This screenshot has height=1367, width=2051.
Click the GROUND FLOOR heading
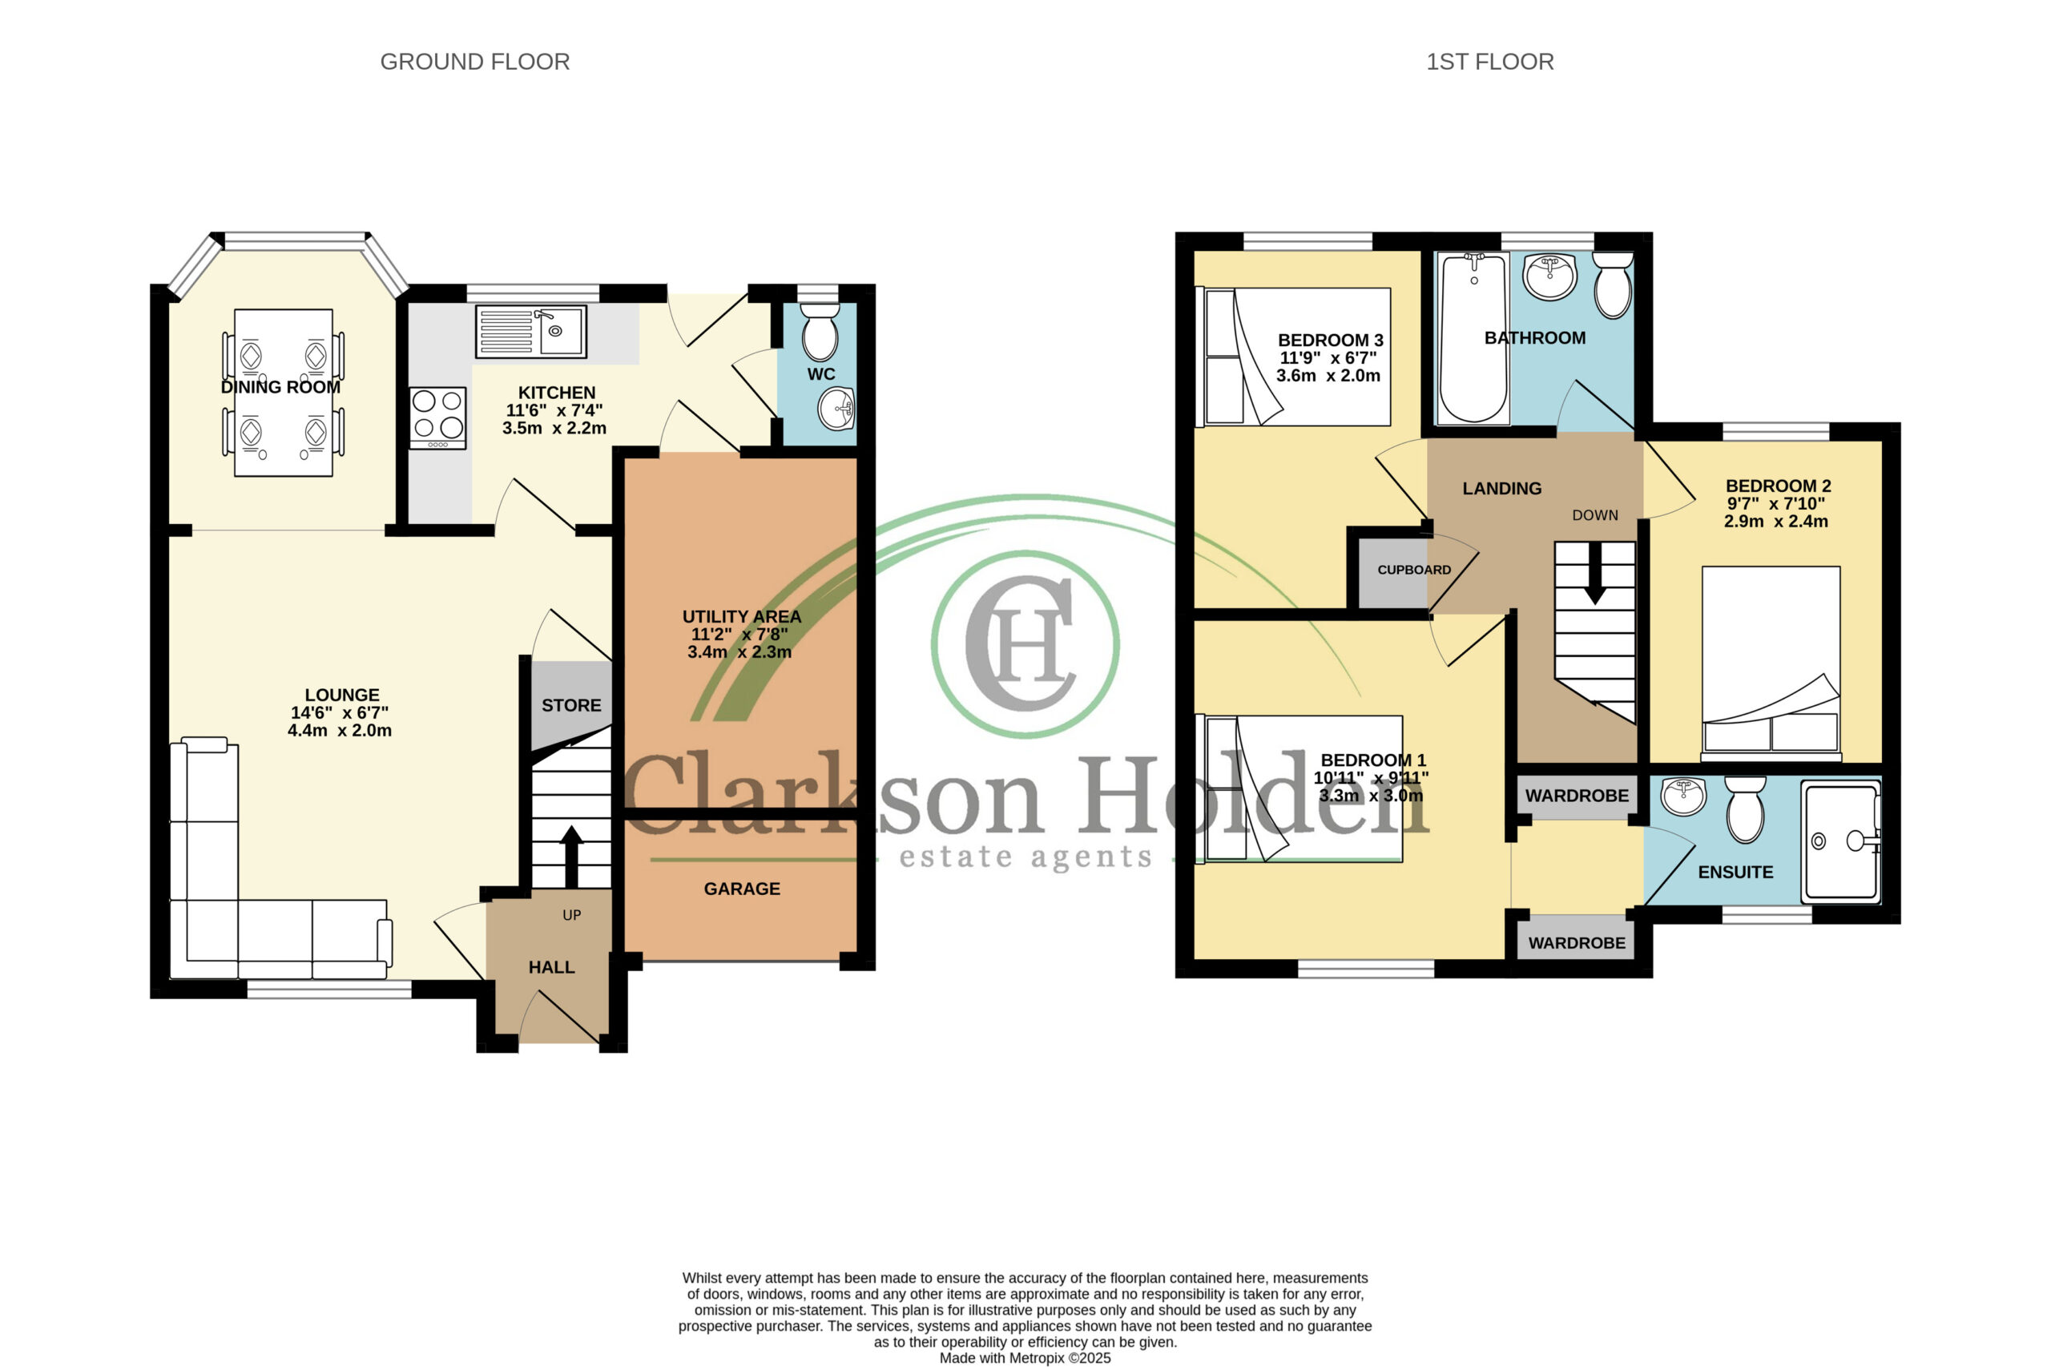point(474,62)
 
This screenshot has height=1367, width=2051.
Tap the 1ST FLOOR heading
point(1489,62)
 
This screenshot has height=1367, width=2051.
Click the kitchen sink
point(531,331)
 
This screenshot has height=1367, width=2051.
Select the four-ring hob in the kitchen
point(437,418)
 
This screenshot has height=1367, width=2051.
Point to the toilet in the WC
point(819,333)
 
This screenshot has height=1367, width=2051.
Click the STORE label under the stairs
point(571,705)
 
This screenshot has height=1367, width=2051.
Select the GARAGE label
point(742,889)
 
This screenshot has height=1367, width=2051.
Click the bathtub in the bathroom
point(1473,338)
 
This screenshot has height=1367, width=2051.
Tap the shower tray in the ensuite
point(1841,841)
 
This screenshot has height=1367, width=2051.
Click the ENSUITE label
point(1735,872)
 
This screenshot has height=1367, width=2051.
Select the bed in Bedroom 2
point(1771,663)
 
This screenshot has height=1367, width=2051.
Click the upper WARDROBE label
point(1576,795)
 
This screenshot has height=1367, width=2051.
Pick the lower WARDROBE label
point(1576,942)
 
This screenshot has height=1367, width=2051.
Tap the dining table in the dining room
point(284,393)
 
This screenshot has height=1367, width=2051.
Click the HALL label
point(551,967)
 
